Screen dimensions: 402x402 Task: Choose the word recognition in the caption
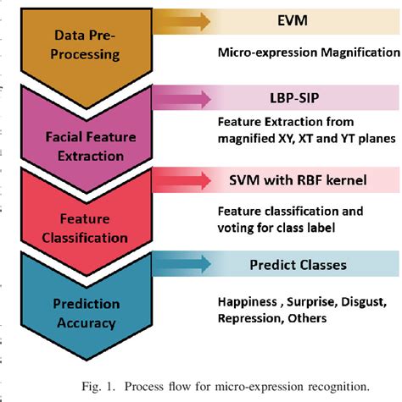pyautogui.click(x=337, y=386)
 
